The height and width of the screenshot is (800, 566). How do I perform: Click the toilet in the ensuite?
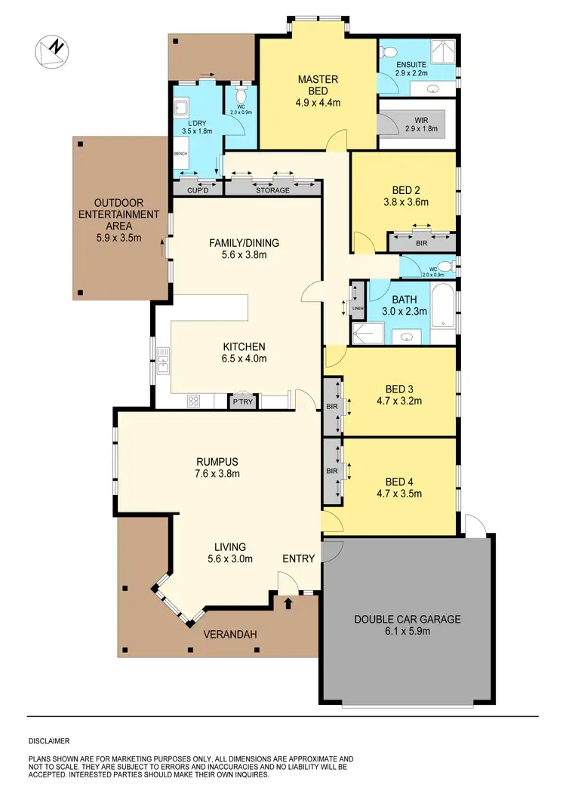click(389, 51)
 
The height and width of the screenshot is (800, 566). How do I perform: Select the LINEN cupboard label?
click(358, 307)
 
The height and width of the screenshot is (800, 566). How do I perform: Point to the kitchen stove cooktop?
click(193, 401)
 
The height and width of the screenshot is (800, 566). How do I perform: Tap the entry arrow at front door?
click(288, 602)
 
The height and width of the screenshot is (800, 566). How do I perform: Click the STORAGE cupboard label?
click(272, 190)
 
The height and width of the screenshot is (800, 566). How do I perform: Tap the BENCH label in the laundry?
click(180, 153)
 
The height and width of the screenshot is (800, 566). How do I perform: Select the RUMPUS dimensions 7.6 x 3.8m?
click(218, 474)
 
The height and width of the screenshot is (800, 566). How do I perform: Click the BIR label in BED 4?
click(331, 471)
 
